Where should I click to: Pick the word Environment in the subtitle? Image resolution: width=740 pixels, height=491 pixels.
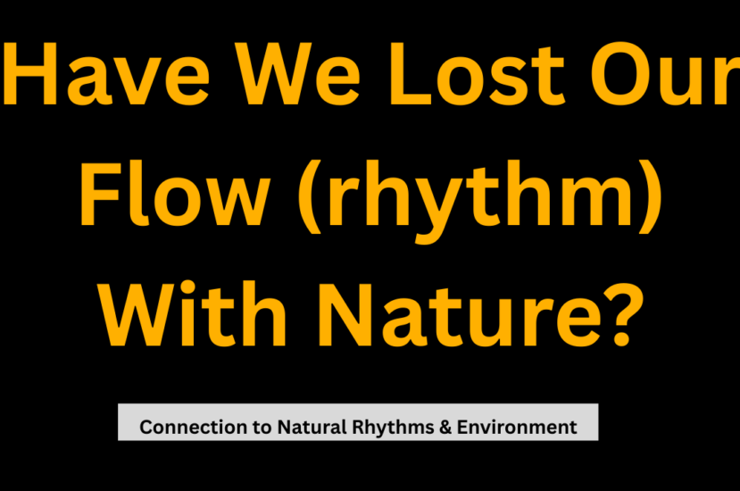point(517,428)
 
